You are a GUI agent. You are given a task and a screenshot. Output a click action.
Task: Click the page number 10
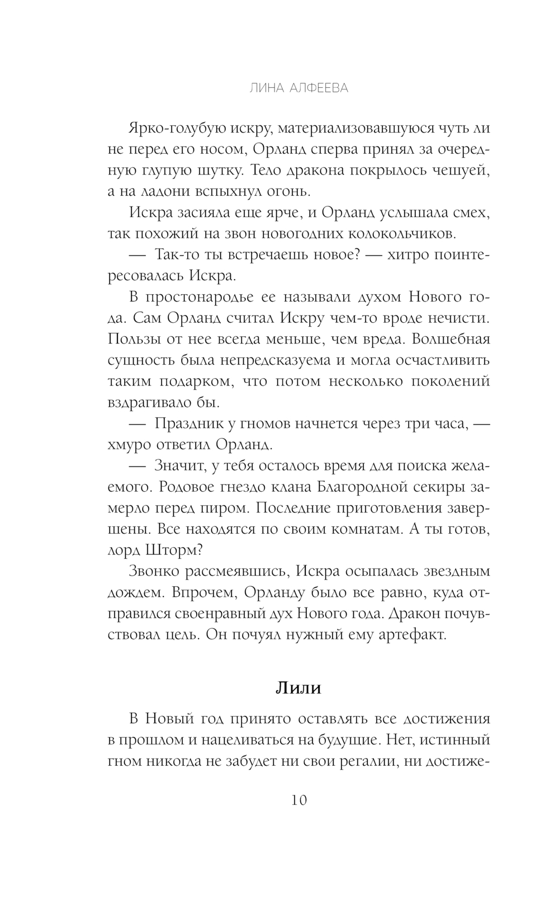click(x=299, y=801)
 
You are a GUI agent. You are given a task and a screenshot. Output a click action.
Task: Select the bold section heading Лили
click(x=299, y=688)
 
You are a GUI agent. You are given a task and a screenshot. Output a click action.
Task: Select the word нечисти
click(x=461, y=318)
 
